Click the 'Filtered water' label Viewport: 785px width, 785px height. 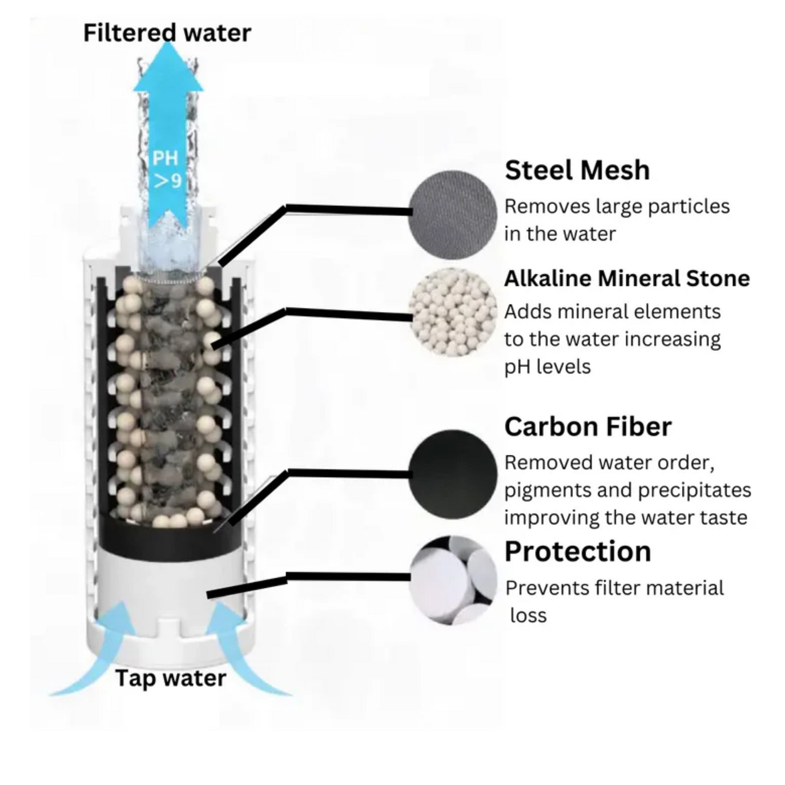[x=167, y=33]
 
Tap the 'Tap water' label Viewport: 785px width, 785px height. [x=171, y=678]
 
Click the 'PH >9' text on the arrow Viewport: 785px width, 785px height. [x=166, y=169]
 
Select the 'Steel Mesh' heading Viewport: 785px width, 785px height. [x=577, y=170]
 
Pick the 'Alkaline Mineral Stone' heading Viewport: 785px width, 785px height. [x=627, y=278]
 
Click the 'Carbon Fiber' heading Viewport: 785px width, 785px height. [x=588, y=427]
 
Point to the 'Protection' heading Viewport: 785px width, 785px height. [x=578, y=551]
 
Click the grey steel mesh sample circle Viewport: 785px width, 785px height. [x=452, y=214]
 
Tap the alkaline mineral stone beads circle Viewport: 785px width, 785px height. [x=452, y=312]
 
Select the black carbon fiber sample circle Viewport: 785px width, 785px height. [x=452, y=474]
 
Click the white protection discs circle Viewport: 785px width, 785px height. [x=452, y=580]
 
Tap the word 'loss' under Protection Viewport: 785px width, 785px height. [x=528, y=615]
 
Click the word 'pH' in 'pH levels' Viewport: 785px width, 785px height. [x=515, y=367]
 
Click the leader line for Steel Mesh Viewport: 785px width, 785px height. [x=345, y=210]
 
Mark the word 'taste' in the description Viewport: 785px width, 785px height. [x=725, y=518]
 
